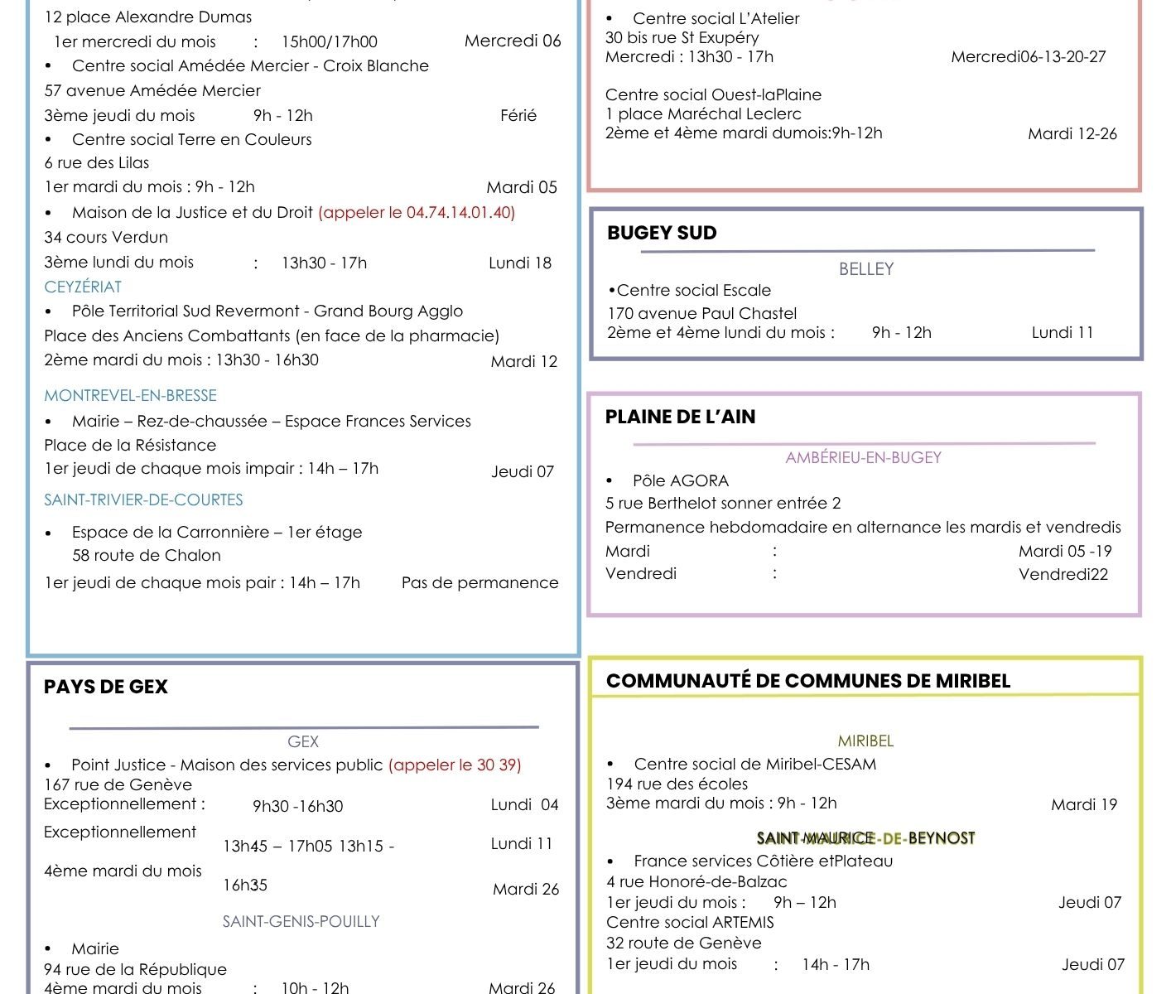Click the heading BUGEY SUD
click(662, 233)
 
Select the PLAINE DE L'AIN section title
click(680, 417)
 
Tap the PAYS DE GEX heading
click(105, 687)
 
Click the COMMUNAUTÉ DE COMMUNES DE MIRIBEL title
click(807, 681)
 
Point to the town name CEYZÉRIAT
click(83, 287)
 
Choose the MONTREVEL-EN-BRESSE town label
click(130, 395)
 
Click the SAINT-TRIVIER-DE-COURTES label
click(143, 499)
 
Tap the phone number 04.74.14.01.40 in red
click(460, 212)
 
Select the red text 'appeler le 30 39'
click(455, 765)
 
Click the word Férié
click(518, 115)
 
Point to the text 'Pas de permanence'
click(479, 582)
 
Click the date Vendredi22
click(1063, 574)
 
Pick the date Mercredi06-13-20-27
click(1028, 56)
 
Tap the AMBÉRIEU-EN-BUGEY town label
click(863, 457)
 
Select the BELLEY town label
click(865, 268)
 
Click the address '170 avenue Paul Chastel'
click(701, 313)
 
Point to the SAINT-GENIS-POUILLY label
click(301, 921)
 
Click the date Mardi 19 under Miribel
click(1083, 804)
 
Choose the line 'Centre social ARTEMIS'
click(690, 922)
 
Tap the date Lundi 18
click(519, 263)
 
